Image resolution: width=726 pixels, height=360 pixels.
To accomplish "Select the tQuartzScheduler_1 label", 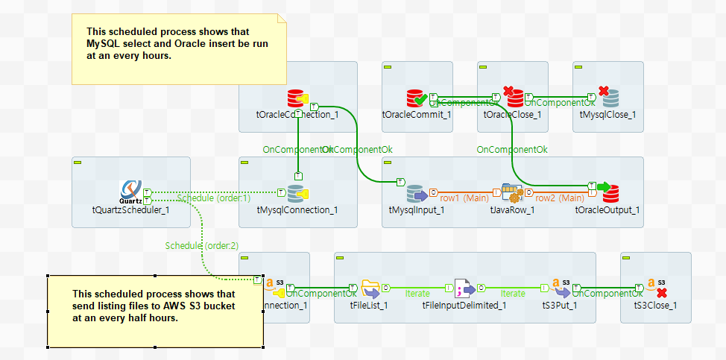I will pyautogui.click(x=130, y=209).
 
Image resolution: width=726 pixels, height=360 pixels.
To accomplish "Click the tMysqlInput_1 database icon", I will pyautogui.click(x=417, y=194).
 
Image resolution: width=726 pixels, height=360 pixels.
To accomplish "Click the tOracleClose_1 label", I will pyautogui.click(x=512, y=114).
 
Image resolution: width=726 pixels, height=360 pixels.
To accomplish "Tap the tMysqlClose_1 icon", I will pyautogui.click(x=608, y=98).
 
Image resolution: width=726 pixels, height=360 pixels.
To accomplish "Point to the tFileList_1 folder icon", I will pyautogui.click(x=370, y=288).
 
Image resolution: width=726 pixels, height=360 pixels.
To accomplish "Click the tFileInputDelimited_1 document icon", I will pyautogui.click(x=464, y=288).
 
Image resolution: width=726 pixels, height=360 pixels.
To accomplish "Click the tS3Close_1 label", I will pyautogui.click(x=655, y=305).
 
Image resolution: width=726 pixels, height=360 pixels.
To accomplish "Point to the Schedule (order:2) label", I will pyautogui.click(x=201, y=245).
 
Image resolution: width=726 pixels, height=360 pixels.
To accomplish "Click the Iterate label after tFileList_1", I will pyautogui.click(x=417, y=294).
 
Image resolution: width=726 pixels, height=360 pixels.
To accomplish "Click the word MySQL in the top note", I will pyautogui.click(x=102, y=44).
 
